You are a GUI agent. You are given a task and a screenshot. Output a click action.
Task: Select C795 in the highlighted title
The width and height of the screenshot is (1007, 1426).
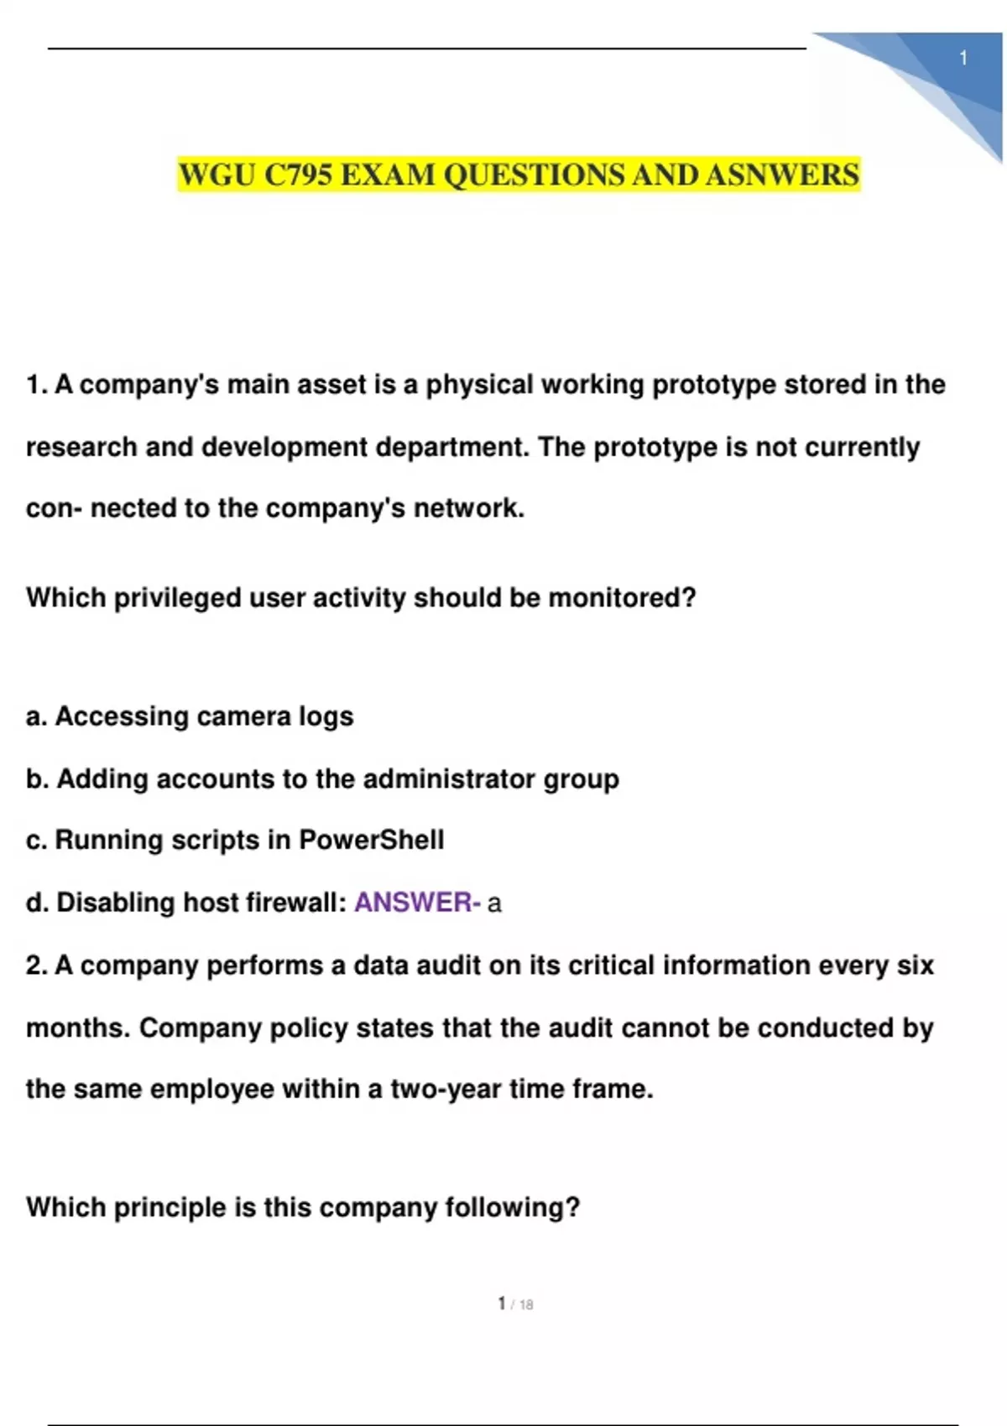[298, 175]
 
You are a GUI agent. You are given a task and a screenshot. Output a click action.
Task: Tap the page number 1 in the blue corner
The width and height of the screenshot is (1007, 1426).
[963, 59]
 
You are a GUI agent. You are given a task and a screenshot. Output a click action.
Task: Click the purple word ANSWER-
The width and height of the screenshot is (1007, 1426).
[417, 903]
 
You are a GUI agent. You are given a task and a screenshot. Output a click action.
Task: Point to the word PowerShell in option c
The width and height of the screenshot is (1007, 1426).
[372, 840]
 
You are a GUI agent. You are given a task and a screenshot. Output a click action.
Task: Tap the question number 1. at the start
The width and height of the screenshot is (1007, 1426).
[37, 385]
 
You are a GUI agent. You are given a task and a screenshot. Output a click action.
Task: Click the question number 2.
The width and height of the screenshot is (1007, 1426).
[37, 965]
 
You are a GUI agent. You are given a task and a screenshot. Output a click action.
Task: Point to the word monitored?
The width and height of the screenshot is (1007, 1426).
[622, 598]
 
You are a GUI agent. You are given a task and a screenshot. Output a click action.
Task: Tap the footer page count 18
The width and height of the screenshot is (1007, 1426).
[526, 1304]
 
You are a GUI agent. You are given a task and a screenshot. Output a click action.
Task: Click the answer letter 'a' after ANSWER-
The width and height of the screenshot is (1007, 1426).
[494, 903]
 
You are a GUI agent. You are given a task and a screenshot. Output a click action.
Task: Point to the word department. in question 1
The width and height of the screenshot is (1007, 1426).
[452, 447]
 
